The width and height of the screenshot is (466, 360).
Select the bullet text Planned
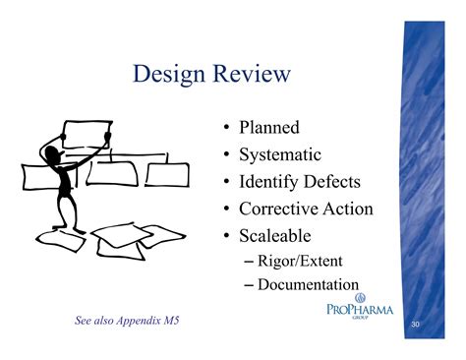(x=267, y=128)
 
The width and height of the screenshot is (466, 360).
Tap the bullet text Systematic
(x=279, y=154)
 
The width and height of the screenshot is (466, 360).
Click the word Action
(x=347, y=209)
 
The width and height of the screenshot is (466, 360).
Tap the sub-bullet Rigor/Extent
(x=304, y=261)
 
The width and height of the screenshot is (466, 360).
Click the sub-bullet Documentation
(x=310, y=285)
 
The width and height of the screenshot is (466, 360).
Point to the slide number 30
(x=416, y=323)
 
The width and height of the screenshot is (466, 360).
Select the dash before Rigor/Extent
(x=247, y=261)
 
